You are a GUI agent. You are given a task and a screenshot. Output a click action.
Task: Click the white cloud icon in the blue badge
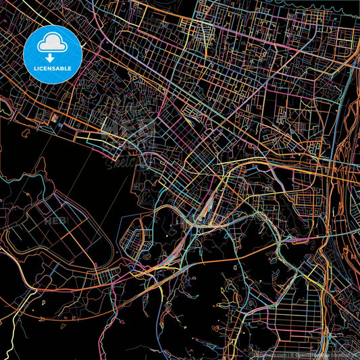[53, 44]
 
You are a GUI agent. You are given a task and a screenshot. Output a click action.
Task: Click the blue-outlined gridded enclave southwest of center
[135, 240]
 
